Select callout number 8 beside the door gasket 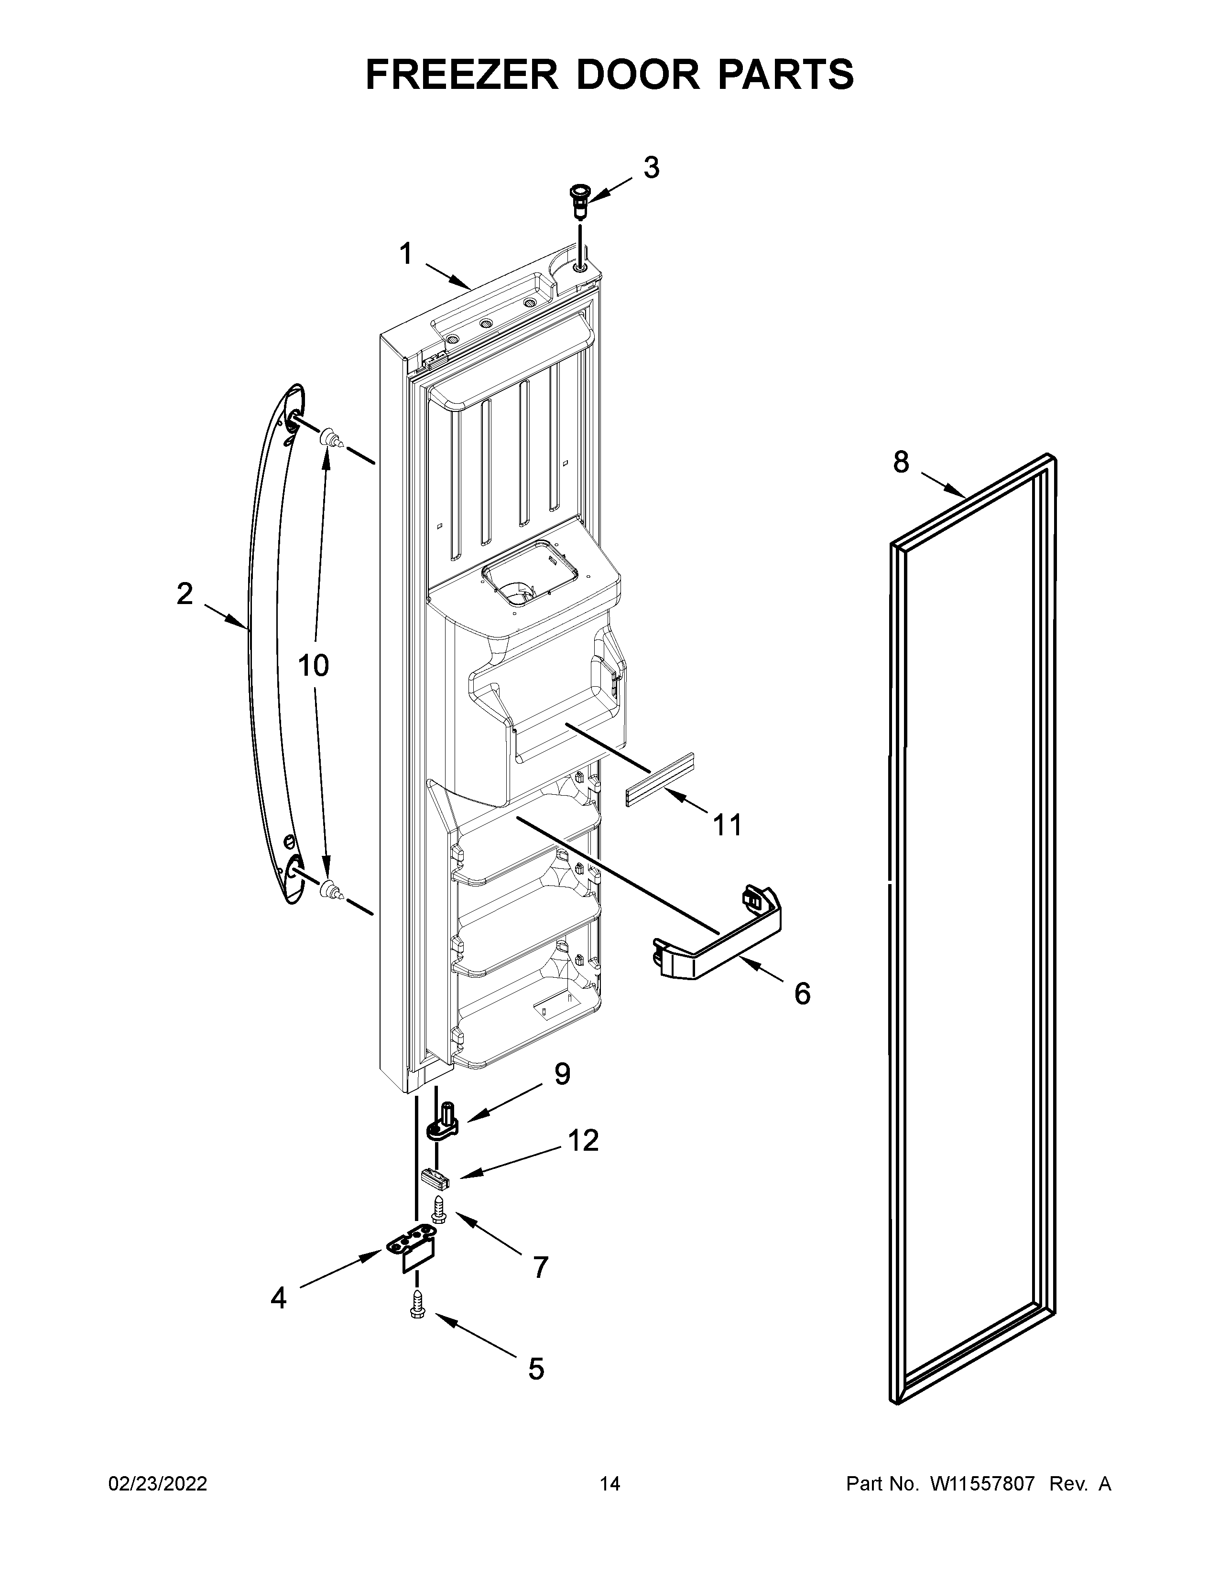(901, 462)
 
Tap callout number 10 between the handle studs (314, 665)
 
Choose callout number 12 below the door (583, 1140)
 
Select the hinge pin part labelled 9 (445, 1119)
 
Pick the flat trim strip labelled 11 (659, 780)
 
